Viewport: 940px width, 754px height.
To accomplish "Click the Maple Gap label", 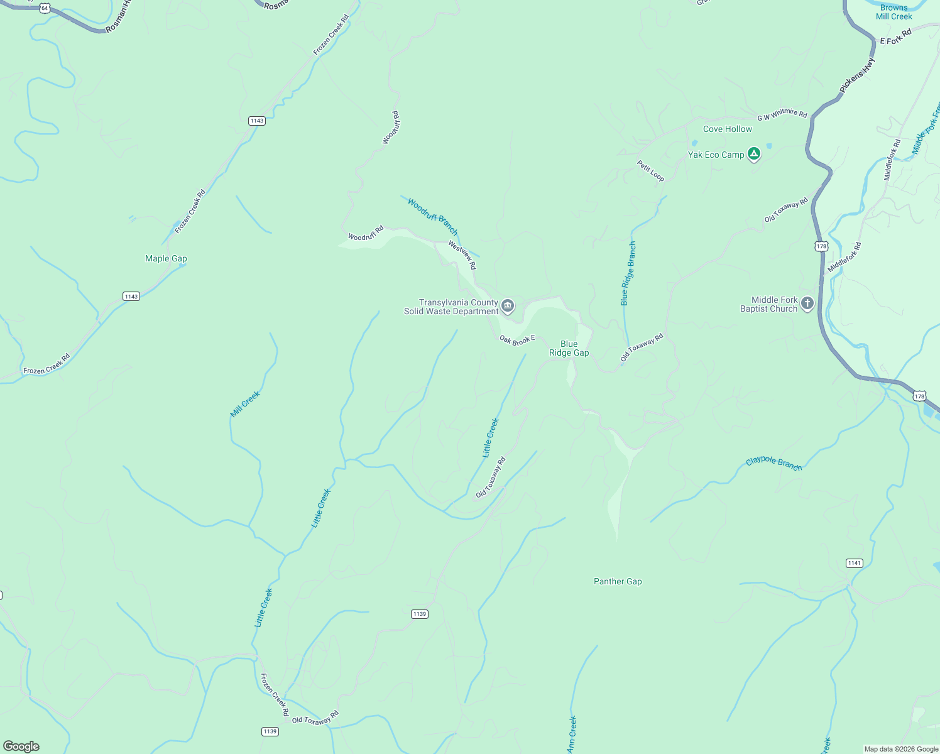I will click(x=166, y=258).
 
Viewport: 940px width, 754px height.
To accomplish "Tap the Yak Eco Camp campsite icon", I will click(x=754, y=154).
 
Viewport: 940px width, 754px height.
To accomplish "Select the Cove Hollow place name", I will click(x=727, y=129).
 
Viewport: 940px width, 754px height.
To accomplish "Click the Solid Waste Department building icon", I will click(x=508, y=306).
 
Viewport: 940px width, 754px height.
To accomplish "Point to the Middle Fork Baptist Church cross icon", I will click(x=807, y=303).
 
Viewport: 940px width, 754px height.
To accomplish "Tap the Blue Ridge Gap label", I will click(x=569, y=348).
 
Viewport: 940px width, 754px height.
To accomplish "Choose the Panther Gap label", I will click(x=618, y=581).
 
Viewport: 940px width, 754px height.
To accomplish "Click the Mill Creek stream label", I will click(x=245, y=404).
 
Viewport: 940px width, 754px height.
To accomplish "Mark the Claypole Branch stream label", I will click(x=773, y=463).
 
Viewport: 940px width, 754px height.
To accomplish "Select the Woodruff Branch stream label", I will click(x=432, y=216).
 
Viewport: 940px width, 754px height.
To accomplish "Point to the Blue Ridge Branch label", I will click(x=628, y=273).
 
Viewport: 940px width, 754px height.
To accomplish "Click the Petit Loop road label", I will click(x=650, y=170).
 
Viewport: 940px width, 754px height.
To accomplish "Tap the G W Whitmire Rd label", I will click(x=782, y=114).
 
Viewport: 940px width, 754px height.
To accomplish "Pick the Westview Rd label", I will click(x=462, y=255).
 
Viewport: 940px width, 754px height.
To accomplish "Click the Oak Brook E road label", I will click(x=517, y=340).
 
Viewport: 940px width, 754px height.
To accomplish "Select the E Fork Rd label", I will click(x=895, y=37).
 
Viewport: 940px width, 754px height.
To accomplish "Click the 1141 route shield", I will click(x=854, y=563).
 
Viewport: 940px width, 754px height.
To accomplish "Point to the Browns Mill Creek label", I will click(x=894, y=12).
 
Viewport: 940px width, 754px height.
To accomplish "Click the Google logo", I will click(x=21, y=746).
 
